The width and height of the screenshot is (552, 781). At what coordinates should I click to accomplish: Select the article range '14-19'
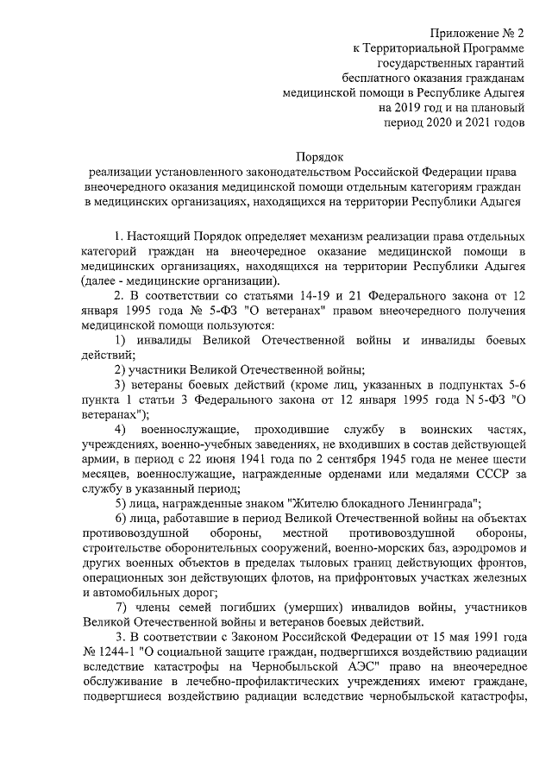300,297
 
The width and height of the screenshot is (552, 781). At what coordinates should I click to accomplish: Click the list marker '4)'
121,429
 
